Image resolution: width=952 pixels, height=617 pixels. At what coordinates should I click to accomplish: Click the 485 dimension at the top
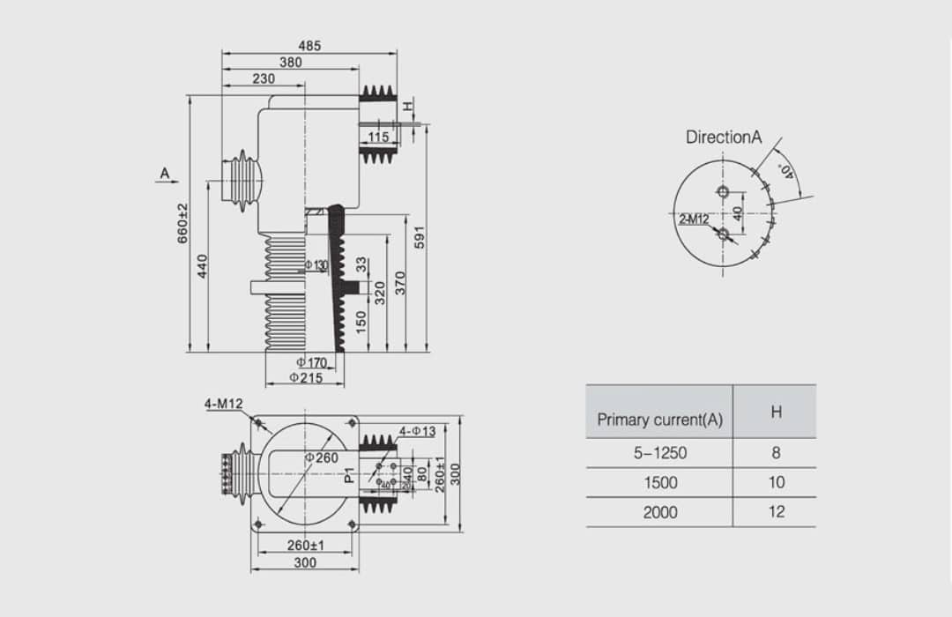coord(309,46)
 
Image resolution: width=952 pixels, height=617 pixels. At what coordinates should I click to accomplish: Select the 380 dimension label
coord(291,63)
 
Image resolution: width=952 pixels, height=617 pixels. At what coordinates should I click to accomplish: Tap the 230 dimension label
coord(264,78)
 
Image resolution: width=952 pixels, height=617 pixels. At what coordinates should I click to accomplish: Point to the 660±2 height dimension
coord(182,223)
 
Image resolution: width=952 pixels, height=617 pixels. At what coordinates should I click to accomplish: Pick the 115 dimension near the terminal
coord(379,137)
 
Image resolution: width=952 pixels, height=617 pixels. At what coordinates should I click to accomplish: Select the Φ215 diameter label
coord(305,378)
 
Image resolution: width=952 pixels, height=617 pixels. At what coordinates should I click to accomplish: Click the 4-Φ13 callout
coord(417,431)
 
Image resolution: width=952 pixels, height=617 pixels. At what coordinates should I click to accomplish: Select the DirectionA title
coord(723,138)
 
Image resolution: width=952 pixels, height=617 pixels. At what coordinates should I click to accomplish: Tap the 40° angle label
coord(785,170)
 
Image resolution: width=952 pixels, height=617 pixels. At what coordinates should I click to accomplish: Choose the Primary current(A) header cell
coord(659,420)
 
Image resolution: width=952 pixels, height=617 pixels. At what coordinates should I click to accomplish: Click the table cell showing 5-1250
coord(659,453)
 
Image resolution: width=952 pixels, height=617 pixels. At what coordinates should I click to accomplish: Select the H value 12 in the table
coord(776,511)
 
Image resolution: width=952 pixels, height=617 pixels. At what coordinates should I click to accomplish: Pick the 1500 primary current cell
coord(659,482)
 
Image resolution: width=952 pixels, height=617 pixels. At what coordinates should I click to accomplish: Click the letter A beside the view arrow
coord(165,174)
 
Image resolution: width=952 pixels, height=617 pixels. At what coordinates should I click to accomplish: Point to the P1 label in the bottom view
coord(350,475)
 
